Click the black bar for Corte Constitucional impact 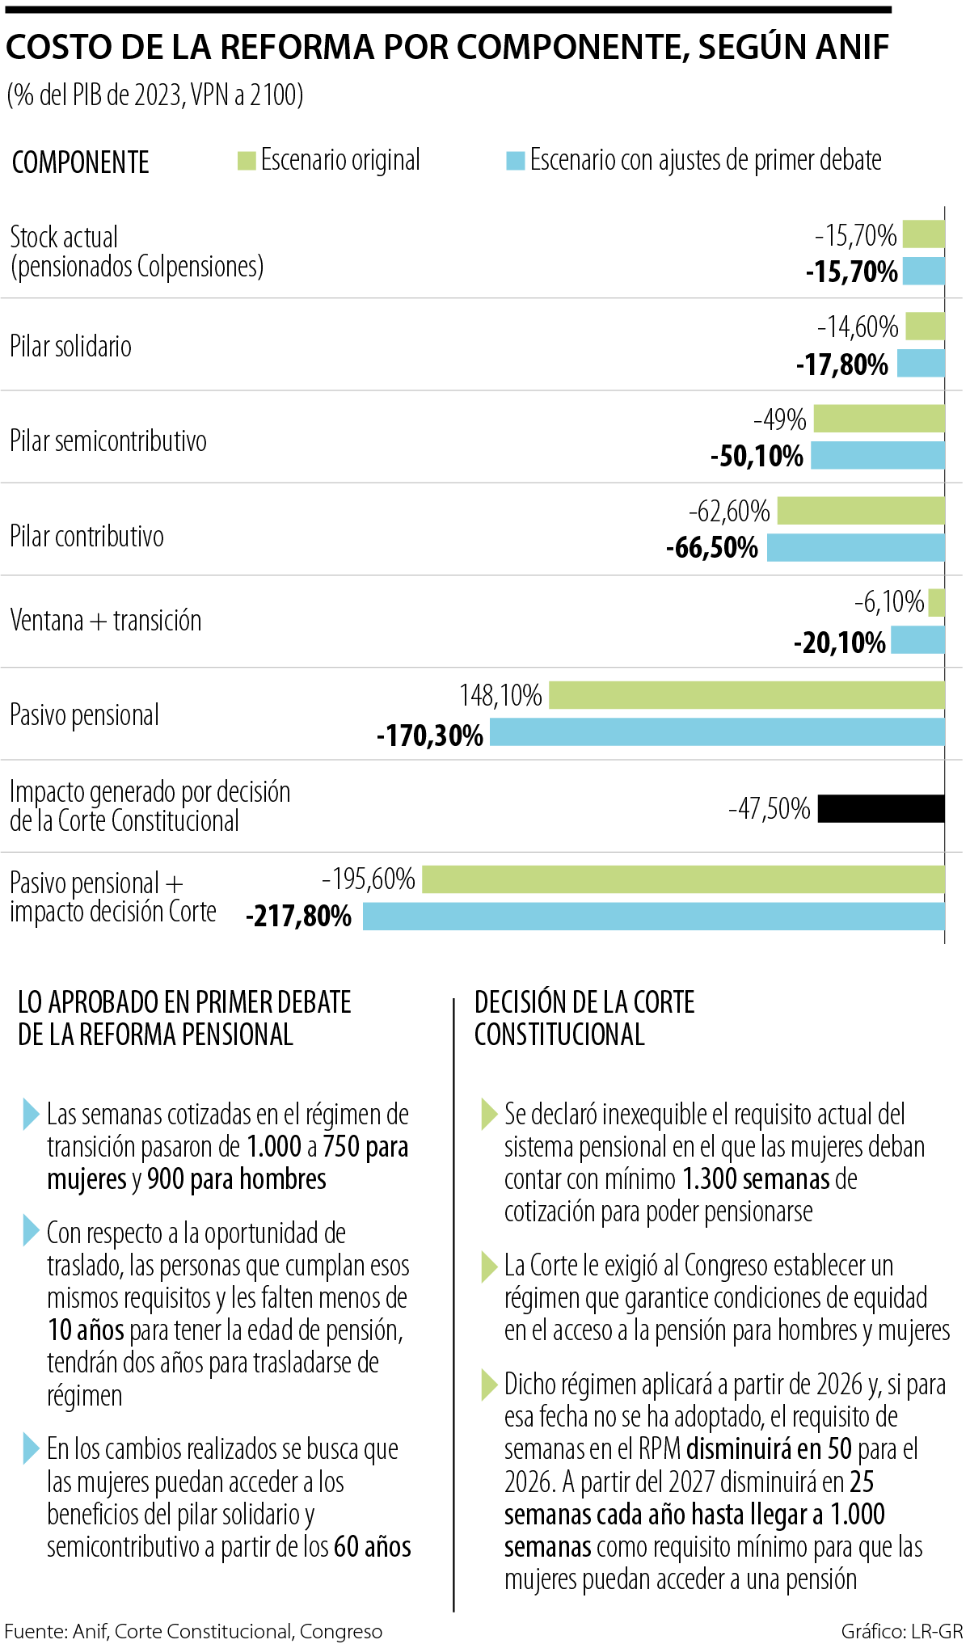coord(881,808)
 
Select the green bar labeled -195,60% coord(683,879)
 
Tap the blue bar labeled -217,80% coord(653,917)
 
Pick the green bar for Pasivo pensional coord(747,695)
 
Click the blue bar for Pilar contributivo coord(855,547)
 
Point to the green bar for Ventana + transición coord(937,603)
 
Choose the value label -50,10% coord(757,457)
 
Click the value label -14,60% coord(858,327)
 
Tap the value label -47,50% coord(769,809)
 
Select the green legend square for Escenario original coord(247,160)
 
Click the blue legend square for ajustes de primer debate coord(515,160)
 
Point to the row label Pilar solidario coord(71,347)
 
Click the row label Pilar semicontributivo coord(108,441)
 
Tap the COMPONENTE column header coord(81,162)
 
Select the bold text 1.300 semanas coord(757,1179)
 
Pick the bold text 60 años coord(373,1546)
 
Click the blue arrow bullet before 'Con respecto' coord(32,1230)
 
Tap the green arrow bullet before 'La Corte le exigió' coord(489,1266)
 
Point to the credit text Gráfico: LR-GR coord(901,1631)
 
